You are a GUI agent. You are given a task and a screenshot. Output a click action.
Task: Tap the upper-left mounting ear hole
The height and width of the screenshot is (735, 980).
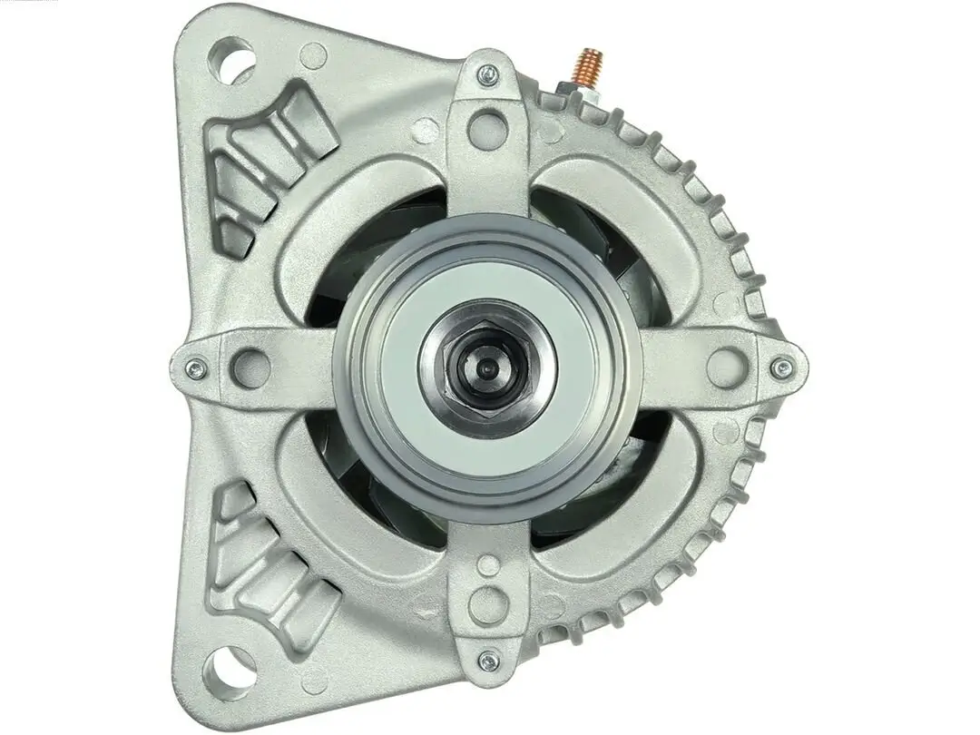click(230, 59)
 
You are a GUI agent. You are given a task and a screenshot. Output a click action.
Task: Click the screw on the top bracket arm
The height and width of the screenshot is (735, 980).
click(487, 74)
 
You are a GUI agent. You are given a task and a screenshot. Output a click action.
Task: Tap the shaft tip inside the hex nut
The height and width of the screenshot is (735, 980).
click(487, 368)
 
